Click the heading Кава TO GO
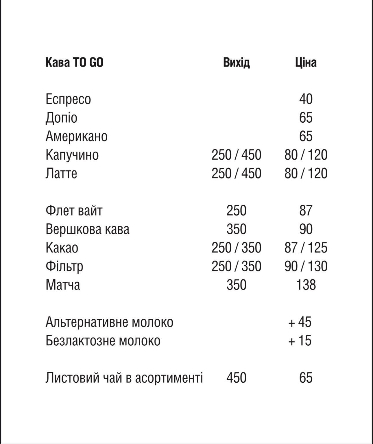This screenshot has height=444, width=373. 74,62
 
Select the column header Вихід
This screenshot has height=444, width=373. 236,62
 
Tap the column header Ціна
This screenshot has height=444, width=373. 306,62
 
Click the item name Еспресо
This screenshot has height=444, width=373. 68,99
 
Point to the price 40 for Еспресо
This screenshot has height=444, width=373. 306,99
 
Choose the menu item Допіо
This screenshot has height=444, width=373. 61,118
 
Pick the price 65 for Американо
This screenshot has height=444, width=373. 306,136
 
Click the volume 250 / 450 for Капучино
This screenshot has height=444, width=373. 236,155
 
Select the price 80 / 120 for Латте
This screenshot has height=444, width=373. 306,174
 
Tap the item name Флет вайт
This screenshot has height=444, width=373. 74,211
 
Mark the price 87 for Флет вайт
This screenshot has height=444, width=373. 306,211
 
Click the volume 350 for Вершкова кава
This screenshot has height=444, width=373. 236,229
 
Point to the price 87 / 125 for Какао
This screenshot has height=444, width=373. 306,248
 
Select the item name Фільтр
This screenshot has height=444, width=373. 64,266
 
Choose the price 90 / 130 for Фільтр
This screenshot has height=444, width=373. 306,266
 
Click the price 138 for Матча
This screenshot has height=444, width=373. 306,285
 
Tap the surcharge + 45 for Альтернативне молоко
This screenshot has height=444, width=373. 300,322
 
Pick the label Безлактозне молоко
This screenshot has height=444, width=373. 103,341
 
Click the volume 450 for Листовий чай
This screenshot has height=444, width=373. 236,378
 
